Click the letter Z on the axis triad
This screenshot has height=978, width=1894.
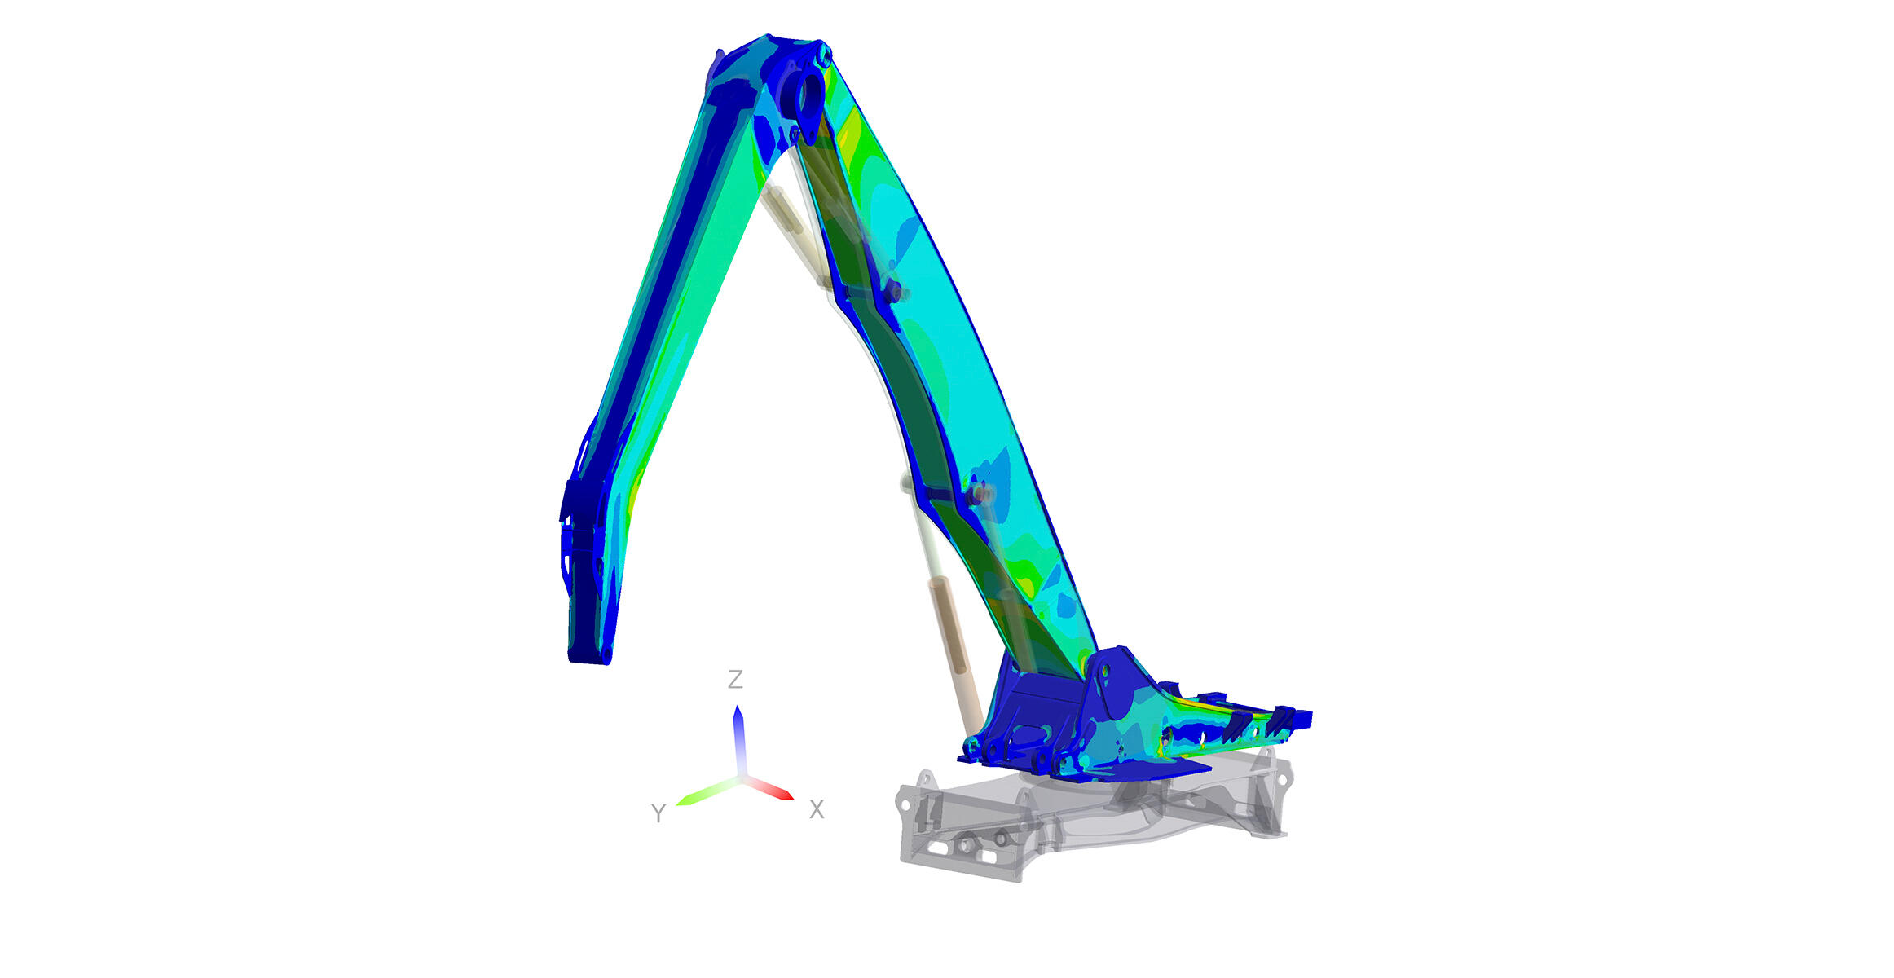point(735,679)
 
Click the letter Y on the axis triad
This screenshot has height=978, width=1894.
point(658,813)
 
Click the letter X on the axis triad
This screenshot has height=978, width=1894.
point(817,809)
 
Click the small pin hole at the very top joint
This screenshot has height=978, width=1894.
point(825,57)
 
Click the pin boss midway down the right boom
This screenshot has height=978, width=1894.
point(978,494)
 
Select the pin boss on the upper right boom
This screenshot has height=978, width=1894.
point(894,291)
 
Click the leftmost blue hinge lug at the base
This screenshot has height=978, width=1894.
point(971,746)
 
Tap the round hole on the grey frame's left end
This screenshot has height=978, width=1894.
point(903,804)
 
